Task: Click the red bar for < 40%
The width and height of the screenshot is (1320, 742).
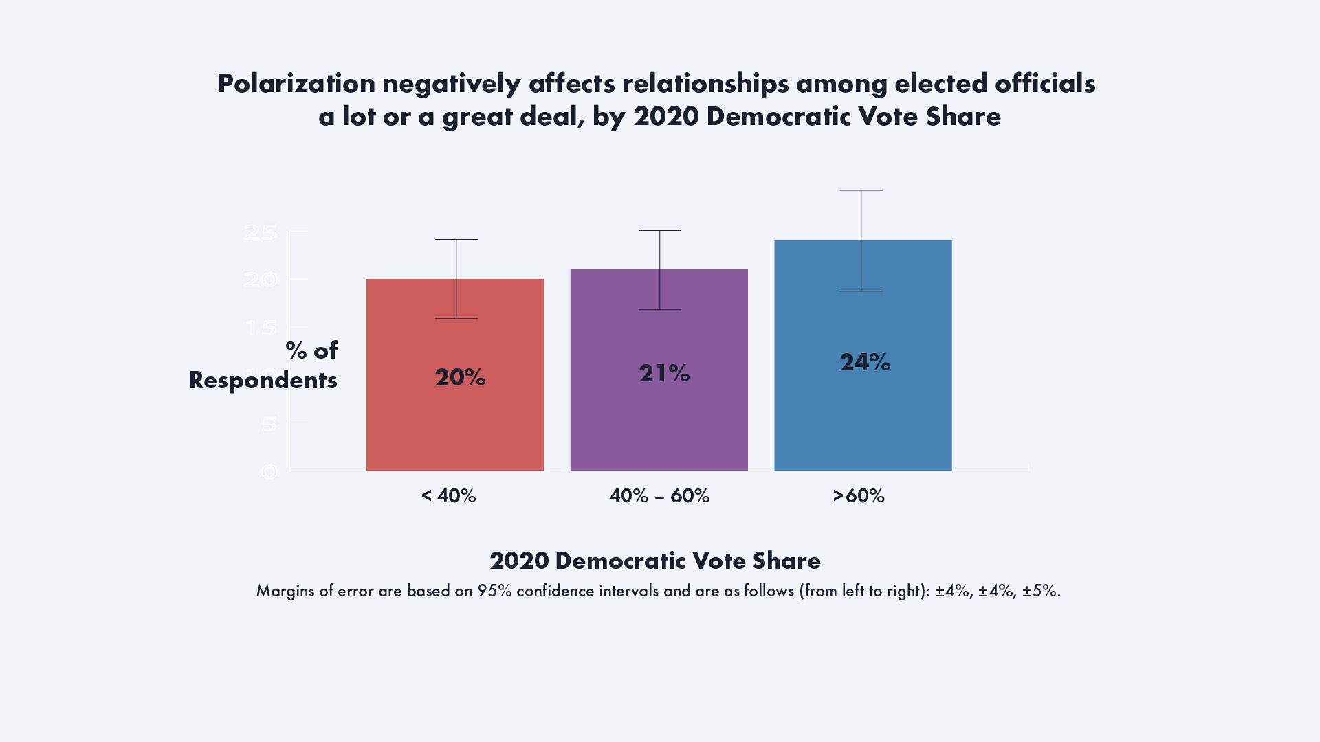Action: click(454, 426)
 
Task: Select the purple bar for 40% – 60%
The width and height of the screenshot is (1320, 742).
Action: click(659, 426)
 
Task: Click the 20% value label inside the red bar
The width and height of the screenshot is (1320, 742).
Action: click(460, 377)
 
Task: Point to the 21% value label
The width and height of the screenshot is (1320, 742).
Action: click(663, 373)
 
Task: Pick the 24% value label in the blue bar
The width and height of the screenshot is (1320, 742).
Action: click(864, 362)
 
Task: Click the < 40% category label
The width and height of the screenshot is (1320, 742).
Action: click(448, 496)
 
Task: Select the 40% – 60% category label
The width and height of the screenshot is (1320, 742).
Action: click(659, 496)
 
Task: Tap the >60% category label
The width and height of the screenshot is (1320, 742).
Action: click(858, 496)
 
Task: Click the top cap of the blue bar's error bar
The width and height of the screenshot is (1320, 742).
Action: click(861, 190)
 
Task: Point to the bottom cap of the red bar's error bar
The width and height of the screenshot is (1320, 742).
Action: click(456, 319)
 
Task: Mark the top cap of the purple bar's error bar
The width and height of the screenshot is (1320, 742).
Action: click(659, 231)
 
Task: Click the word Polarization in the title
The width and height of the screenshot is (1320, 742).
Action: click(296, 83)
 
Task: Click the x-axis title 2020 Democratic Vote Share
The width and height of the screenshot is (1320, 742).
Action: click(655, 561)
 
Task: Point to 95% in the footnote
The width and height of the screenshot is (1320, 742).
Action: click(494, 591)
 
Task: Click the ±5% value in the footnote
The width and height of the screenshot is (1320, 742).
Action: click(1039, 591)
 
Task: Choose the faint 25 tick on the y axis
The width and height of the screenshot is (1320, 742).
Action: click(260, 232)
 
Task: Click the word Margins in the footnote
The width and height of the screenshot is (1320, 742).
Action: click(284, 591)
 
